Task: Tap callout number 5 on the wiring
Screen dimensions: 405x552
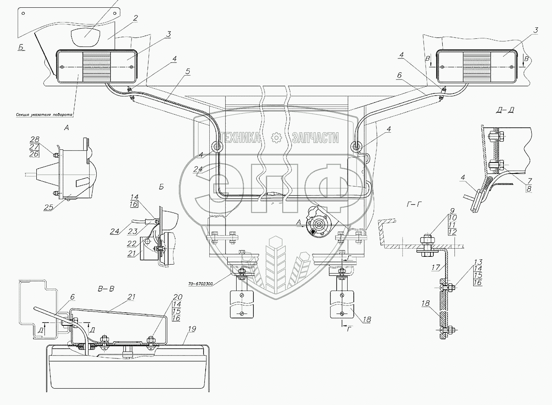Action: [x=187, y=71]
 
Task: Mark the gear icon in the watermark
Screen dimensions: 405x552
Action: [x=276, y=138]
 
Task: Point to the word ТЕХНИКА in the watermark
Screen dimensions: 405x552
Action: [x=240, y=138]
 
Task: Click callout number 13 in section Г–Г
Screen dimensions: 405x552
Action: [x=478, y=262]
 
